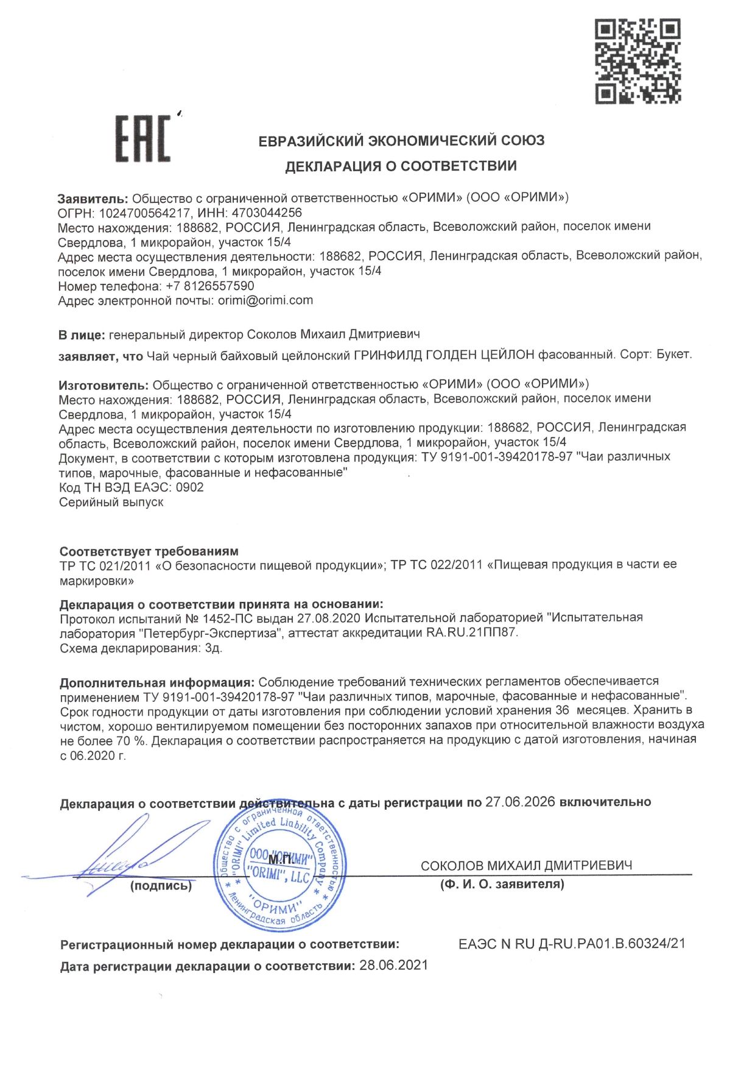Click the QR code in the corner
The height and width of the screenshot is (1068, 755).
[x=637, y=61]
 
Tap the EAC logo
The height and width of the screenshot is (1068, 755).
[x=143, y=140]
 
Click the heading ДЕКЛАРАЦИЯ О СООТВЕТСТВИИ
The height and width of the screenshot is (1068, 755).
[x=401, y=166]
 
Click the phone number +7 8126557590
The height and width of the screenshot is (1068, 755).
[x=210, y=286]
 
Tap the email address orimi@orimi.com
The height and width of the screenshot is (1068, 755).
[x=265, y=300]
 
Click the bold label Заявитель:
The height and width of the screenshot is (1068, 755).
[x=93, y=198]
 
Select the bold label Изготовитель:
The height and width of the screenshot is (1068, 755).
[x=104, y=384]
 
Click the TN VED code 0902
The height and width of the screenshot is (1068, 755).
[x=189, y=487]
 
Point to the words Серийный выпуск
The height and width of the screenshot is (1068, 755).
[x=111, y=503]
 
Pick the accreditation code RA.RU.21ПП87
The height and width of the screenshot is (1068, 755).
[x=472, y=632]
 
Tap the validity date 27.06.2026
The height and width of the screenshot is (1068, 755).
[x=520, y=802]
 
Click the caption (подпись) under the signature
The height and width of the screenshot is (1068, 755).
[x=161, y=886]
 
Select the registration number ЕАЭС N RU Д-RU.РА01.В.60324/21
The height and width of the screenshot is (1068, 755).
[x=572, y=944]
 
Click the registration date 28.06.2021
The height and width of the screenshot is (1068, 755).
[x=394, y=966]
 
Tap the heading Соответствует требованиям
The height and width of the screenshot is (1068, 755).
[x=149, y=551]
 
